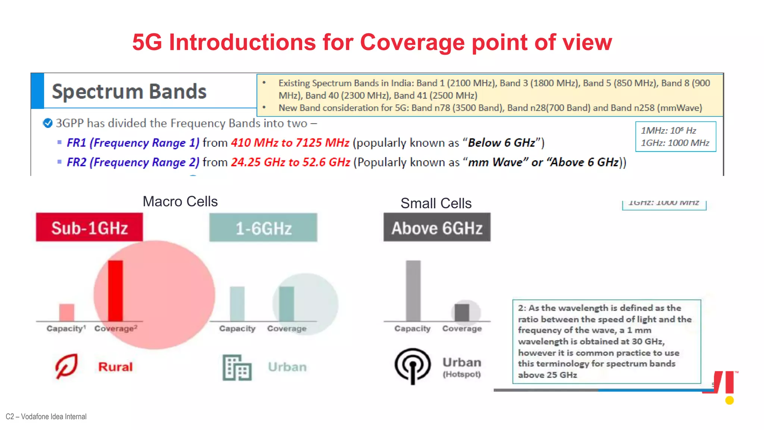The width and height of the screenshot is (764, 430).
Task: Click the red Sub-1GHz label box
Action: tap(89, 227)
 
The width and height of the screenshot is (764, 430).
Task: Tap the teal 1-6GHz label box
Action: tap(263, 228)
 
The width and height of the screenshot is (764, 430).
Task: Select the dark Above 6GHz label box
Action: tap(437, 227)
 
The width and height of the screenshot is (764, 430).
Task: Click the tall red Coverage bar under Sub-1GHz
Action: tap(115, 290)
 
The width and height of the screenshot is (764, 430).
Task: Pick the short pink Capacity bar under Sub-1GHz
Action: tap(67, 312)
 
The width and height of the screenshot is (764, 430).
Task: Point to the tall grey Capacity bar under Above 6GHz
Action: tap(413, 290)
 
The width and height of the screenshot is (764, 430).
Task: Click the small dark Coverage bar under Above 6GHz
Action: tap(462, 312)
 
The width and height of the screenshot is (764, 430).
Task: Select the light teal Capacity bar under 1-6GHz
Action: tap(237, 303)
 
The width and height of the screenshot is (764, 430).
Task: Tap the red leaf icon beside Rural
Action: tap(66, 366)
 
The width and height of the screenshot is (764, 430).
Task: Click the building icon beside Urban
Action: tap(237, 367)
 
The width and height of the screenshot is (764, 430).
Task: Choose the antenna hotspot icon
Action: tap(413, 366)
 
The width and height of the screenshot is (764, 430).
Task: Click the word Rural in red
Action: tap(115, 367)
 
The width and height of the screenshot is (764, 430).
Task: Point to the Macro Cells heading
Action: tap(180, 202)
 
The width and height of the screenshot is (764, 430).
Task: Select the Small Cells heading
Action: tap(436, 203)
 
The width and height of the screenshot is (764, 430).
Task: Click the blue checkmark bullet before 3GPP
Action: tap(48, 123)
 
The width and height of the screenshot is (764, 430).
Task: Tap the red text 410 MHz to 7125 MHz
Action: tap(290, 143)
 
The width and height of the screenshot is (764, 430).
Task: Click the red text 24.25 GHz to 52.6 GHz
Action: tap(290, 162)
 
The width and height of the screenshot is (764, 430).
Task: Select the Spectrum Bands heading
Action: tap(129, 91)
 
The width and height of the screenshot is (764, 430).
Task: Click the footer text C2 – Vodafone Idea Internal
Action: tap(46, 417)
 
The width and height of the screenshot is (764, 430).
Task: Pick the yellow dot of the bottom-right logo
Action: tap(729, 401)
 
